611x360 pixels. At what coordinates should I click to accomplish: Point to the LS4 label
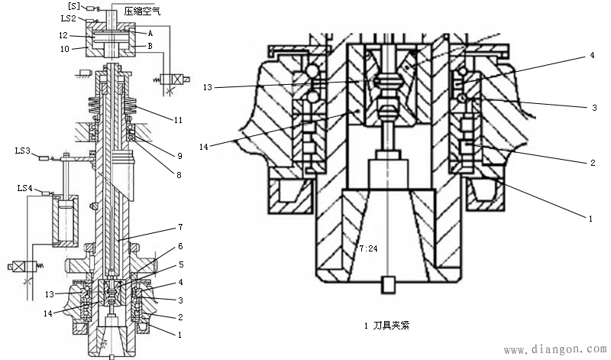26,188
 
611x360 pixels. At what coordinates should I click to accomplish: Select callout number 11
179,121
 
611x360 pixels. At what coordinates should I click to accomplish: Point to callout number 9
179,155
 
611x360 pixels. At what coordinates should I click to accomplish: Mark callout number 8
179,175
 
